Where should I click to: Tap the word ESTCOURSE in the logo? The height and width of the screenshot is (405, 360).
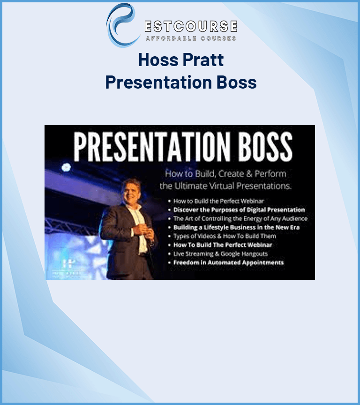coord(190,27)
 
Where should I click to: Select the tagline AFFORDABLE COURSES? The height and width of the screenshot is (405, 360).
coord(190,38)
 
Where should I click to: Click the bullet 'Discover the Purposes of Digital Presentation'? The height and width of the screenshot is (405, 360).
coord(239,210)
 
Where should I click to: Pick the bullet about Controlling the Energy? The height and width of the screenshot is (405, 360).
coord(240,218)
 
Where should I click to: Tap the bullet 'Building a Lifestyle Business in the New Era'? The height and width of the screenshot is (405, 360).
coord(236,227)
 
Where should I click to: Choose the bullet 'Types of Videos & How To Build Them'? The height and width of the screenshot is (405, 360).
coord(225,236)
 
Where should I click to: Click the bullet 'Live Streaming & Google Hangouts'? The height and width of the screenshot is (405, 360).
coord(220,254)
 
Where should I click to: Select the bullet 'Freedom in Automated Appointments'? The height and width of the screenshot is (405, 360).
coord(228,262)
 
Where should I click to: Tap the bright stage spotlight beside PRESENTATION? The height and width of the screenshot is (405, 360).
coord(66,167)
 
